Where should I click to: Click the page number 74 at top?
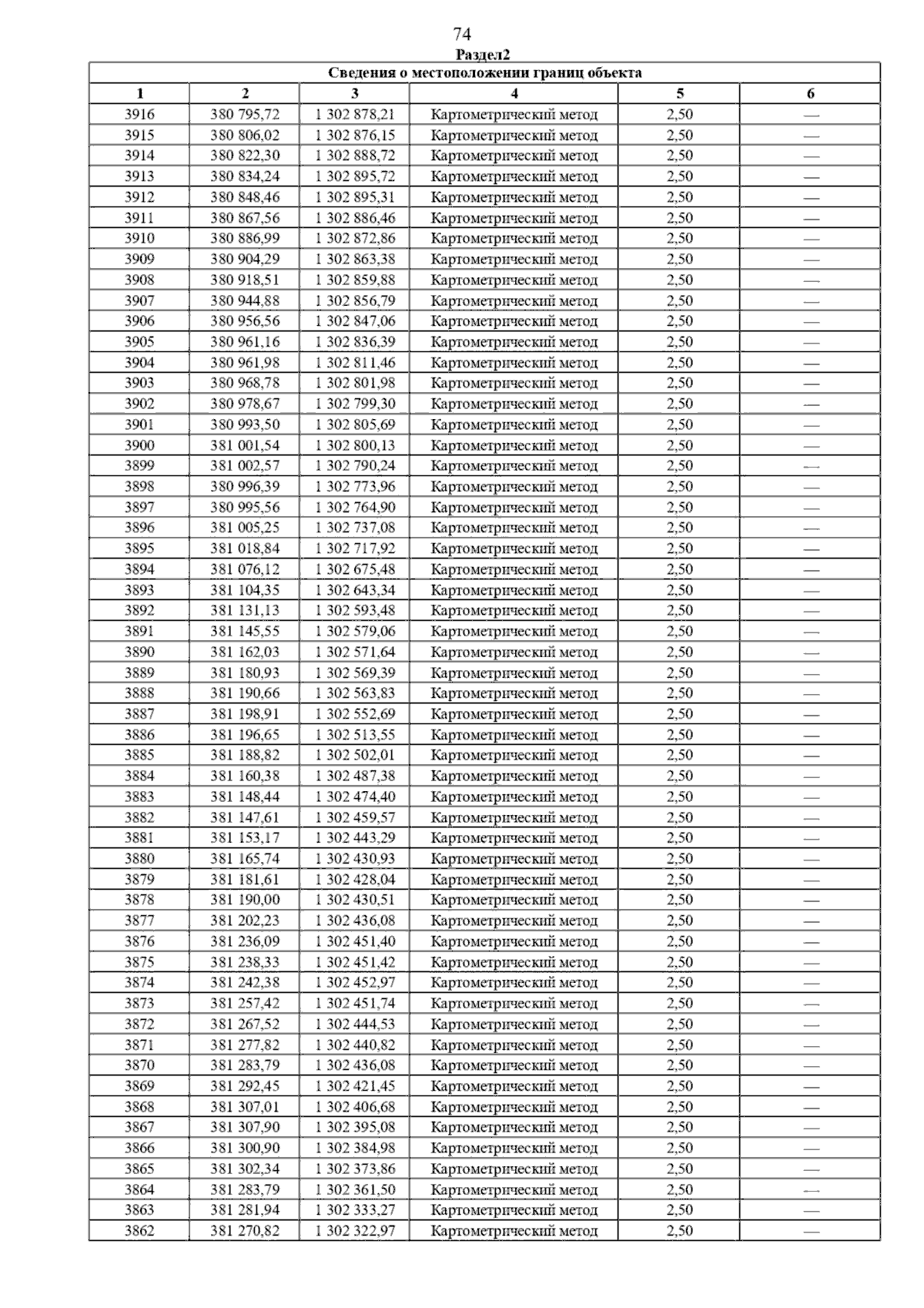(462, 35)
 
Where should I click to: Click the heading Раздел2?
(483, 55)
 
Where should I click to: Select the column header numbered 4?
(514, 94)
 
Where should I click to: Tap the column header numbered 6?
(810, 94)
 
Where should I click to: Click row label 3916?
(139, 115)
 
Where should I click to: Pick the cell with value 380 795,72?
(245, 115)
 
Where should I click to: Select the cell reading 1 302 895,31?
(355, 197)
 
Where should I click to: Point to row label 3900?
(139, 445)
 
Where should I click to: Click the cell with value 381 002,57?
(245, 466)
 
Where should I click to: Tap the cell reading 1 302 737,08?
(355, 528)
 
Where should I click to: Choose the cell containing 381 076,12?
(245, 569)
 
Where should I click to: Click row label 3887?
(139, 714)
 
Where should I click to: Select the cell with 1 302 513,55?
(355, 735)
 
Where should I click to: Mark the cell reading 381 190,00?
(245, 900)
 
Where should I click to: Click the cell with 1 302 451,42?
(355, 962)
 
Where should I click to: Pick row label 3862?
(139, 1231)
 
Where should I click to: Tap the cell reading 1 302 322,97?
(355, 1231)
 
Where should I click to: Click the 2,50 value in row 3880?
(679, 859)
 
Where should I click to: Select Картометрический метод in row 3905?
(514, 342)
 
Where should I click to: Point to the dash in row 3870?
(810, 1066)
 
